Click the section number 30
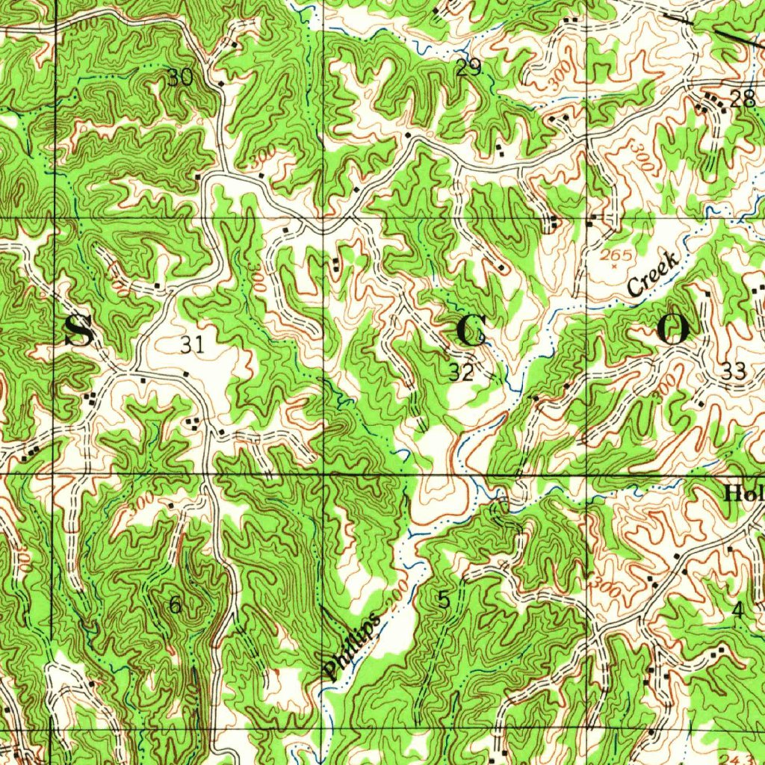[180, 77]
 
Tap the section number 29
[468, 69]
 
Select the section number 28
[743, 99]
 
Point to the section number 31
[192, 345]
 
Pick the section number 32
[462, 373]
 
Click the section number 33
[734, 371]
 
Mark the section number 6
[175, 605]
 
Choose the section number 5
[445, 599]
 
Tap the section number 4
[738, 610]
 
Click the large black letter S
[78, 331]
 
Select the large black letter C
[471, 331]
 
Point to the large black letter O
[672, 329]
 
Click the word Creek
[652, 274]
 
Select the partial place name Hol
[743, 494]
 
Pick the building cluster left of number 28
[711, 103]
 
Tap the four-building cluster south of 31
[194, 424]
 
